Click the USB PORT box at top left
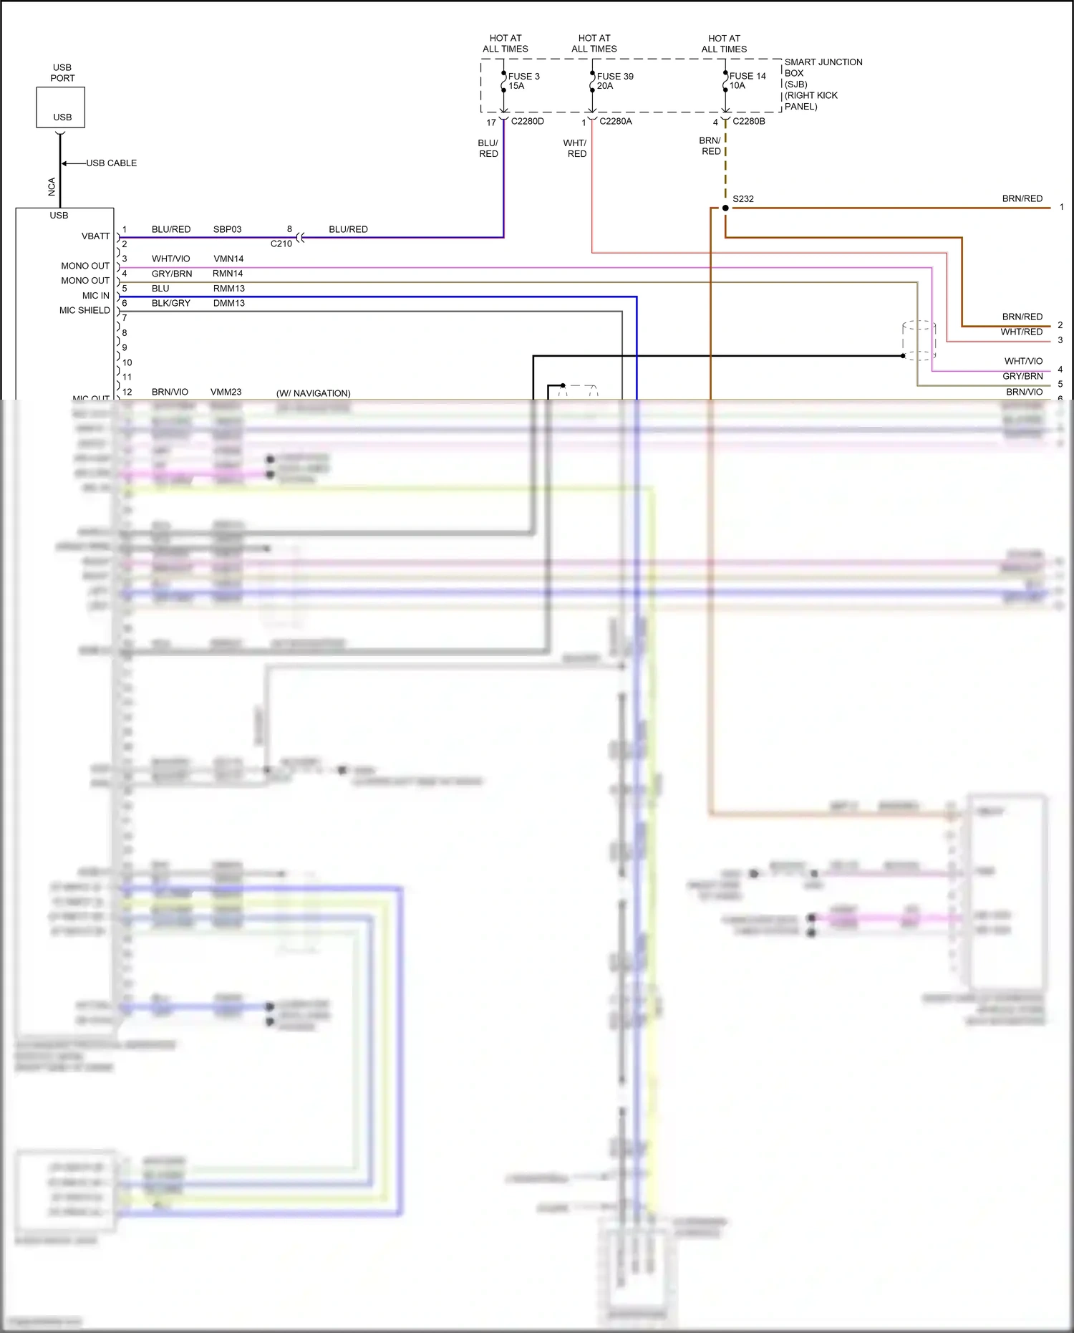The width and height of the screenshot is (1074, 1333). click(61, 107)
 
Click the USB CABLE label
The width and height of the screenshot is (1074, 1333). click(112, 163)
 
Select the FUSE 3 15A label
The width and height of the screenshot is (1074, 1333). click(523, 81)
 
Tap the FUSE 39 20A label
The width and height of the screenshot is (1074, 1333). click(614, 81)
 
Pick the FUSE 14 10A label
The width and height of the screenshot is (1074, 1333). click(747, 80)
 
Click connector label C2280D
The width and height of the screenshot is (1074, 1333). click(527, 122)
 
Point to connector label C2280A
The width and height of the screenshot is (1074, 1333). click(615, 122)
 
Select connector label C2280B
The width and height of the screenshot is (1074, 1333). click(748, 122)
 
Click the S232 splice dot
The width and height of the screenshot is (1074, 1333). click(725, 208)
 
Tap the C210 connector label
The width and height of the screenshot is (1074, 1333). click(281, 244)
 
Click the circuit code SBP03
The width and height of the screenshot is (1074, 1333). click(227, 229)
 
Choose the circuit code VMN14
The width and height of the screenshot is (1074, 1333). click(228, 259)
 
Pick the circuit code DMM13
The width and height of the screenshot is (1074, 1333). click(228, 303)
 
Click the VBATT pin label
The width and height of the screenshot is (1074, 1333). click(95, 236)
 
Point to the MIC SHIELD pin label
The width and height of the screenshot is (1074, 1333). click(84, 310)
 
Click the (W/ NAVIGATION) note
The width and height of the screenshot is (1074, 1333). click(313, 393)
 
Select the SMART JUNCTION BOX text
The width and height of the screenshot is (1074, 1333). click(823, 67)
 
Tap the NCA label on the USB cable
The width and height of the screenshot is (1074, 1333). click(52, 187)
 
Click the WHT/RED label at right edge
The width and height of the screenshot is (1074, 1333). click(1021, 332)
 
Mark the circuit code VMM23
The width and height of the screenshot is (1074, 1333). click(226, 392)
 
